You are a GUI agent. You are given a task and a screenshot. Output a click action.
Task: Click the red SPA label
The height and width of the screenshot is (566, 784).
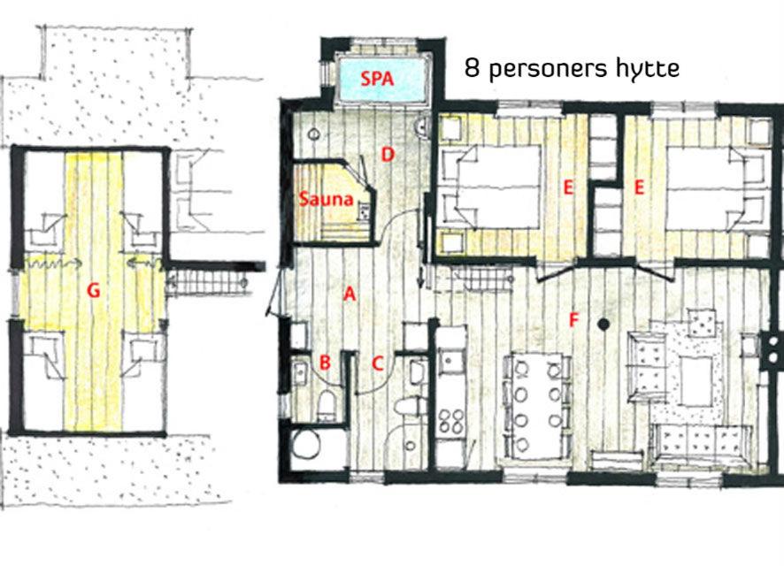377,79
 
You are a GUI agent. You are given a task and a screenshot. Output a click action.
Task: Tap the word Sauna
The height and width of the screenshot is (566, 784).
326,199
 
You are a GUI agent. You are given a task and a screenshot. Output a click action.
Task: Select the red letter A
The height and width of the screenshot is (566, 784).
350,294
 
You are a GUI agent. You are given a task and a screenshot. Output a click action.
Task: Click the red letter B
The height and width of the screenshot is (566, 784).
325,363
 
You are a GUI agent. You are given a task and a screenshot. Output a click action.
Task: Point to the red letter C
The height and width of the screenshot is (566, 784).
378,363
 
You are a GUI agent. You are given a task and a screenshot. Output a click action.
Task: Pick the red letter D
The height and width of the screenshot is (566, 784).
388,155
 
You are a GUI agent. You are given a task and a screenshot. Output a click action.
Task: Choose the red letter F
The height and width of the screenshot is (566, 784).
573,320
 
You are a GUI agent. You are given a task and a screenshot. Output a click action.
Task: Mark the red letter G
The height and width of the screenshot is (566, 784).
94,290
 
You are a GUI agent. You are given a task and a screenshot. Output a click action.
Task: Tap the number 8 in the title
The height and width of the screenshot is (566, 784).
472,68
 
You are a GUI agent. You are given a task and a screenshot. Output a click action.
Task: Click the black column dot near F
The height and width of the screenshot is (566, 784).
603,325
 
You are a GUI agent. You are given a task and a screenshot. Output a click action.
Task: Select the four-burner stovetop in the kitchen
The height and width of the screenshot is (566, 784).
451,421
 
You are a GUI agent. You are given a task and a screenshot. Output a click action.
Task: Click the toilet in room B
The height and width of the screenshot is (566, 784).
327,404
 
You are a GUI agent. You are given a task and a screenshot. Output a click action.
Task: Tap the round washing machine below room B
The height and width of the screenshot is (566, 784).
306,445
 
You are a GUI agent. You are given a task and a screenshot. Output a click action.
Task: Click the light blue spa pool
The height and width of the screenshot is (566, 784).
382,80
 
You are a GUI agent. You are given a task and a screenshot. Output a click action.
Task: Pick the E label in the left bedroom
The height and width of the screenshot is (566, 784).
567,187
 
